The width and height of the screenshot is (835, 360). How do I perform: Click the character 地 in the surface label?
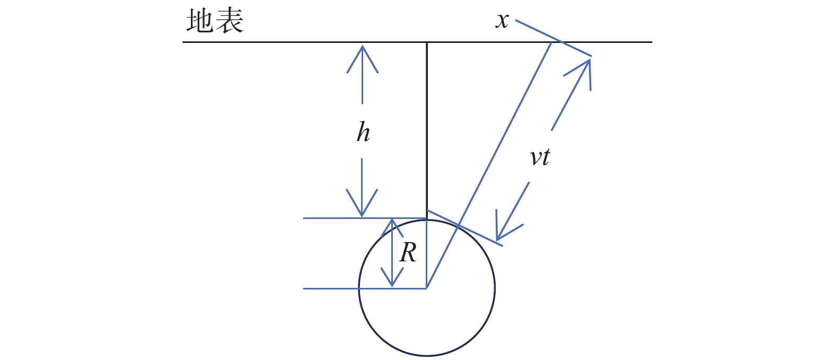200,21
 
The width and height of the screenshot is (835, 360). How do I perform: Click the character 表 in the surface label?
230,21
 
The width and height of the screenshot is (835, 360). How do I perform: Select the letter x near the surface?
502,20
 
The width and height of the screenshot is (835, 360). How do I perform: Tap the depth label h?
363,131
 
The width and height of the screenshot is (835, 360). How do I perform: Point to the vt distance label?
540,157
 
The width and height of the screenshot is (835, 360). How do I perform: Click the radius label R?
408,253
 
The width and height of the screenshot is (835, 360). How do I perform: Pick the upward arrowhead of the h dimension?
362,59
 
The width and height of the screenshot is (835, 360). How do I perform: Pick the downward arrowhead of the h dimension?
362,203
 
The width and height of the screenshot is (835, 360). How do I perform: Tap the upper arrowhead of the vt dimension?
582,73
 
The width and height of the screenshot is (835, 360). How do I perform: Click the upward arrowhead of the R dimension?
392,229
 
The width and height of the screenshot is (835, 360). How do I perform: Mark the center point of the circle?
427,288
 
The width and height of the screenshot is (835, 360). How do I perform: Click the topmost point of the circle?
427,220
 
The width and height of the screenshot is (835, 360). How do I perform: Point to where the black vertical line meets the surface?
427,42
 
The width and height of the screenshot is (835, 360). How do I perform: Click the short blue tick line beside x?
553,38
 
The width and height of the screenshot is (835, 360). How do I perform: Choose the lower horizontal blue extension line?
365,288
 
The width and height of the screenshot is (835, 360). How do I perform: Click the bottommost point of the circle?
427,356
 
